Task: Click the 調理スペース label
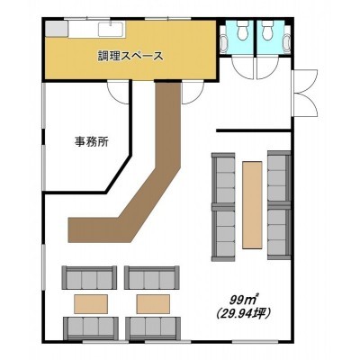coord(130,56)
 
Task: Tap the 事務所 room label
coord(92,141)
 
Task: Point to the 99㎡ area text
coord(244,299)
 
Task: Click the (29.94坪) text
coord(244,313)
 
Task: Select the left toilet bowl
coord(243,30)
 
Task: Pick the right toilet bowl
coord(267,30)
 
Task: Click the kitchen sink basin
coord(111,29)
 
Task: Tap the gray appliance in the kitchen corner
coord(56,29)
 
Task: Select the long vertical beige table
coord(252,205)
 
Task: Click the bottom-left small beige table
coord(91,304)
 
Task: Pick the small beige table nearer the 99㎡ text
coord(153,304)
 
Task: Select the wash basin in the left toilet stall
coord(223,44)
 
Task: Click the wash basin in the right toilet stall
coord(287,44)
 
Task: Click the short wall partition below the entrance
coord(254,130)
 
